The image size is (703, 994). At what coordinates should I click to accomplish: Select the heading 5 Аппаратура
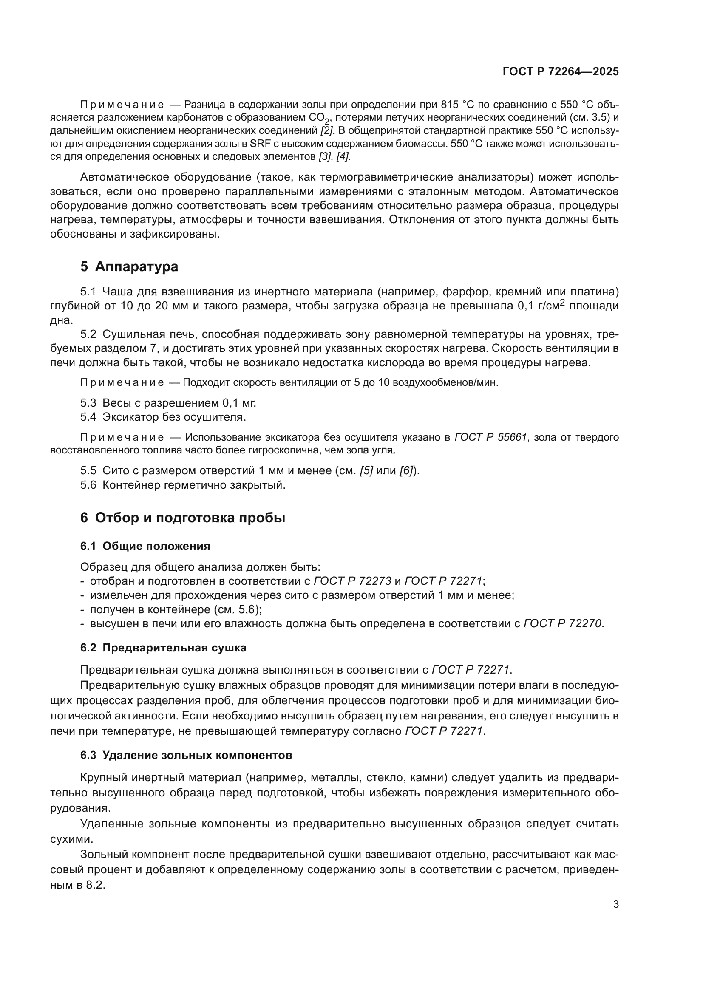129,267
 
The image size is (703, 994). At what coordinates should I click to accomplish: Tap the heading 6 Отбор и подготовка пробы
182,518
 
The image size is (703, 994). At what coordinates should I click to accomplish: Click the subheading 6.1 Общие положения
145,547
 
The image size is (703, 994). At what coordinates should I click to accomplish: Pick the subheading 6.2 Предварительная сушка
163,648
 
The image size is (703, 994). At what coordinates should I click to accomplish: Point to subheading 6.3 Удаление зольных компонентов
186,756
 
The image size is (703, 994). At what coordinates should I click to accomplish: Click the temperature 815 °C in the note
459,105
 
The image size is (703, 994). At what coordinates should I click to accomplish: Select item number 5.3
88,403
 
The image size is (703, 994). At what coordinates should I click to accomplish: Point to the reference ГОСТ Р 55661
490,437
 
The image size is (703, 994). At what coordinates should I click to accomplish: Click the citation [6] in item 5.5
406,470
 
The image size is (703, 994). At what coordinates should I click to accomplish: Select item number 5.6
88,485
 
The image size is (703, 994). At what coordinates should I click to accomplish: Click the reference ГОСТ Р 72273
352,581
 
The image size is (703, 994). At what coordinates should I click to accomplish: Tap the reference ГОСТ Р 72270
562,624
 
